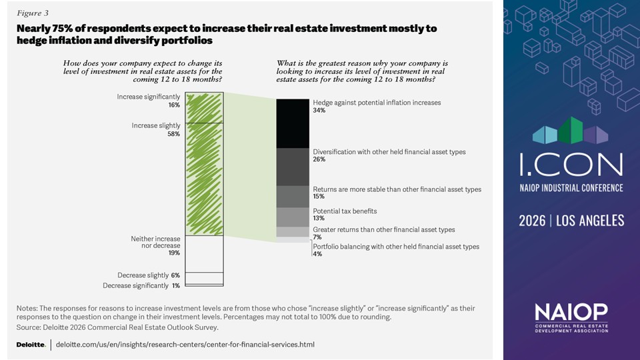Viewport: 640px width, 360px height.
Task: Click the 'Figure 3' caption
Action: (32, 13)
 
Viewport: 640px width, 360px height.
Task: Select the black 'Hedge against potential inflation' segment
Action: (292, 123)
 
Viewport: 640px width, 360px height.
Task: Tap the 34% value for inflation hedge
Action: (319, 111)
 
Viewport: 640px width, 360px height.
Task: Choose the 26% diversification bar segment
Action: (292, 167)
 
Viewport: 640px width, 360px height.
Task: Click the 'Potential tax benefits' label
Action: (345, 211)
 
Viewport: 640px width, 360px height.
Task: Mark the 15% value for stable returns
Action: (319, 197)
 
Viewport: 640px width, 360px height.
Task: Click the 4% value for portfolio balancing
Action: (318, 254)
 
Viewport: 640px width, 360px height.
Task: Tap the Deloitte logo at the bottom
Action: (31, 345)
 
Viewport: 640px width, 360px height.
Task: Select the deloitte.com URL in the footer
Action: (185, 345)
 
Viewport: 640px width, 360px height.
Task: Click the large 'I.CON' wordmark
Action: (571, 163)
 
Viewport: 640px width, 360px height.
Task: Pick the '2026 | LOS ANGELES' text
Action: (571, 220)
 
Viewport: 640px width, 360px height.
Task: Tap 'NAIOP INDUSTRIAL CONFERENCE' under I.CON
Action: (571, 188)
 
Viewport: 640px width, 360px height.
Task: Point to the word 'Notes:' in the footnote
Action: (27, 308)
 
